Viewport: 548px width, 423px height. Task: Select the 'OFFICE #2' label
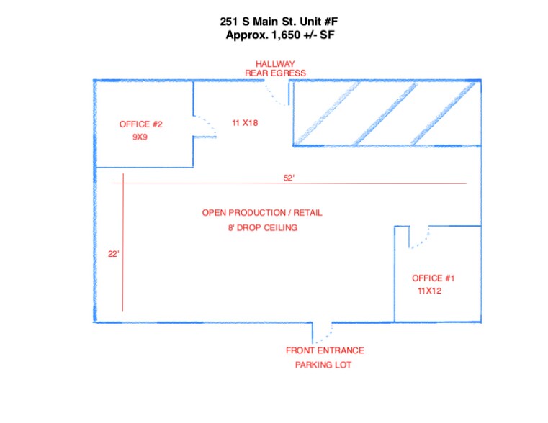(x=140, y=124)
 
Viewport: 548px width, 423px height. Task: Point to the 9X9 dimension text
(x=140, y=137)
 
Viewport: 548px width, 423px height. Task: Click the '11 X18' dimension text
(x=245, y=123)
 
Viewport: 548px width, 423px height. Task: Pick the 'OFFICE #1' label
(x=433, y=278)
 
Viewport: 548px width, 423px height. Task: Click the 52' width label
(x=289, y=178)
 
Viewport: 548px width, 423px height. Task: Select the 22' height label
(x=113, y=253)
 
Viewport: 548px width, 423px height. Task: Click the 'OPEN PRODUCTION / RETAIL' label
(x=262, y=213)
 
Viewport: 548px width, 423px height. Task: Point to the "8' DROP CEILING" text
(x=262, y=227)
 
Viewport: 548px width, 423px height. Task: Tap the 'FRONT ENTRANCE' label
(x=325, y=351)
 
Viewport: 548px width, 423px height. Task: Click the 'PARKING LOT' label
(x=323, y=365)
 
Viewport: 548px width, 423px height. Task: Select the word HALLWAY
(x=275, y=64)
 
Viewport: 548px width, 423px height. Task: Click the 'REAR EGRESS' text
(x=275, y=73)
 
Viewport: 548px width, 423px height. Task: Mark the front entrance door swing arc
(x=325, y=333)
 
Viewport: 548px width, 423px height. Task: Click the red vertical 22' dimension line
(x=123, y=245)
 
